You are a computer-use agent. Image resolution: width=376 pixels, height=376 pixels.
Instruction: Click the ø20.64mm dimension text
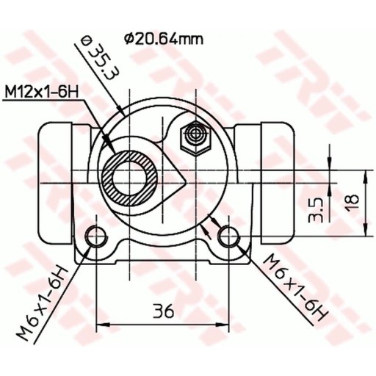click(164, 39)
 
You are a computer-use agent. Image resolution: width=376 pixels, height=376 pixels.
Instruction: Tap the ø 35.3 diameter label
click(97, 57)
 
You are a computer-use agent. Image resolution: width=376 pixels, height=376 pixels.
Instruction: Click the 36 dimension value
click(163, 311)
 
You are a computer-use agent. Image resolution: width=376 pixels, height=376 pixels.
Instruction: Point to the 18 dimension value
click(352, 202)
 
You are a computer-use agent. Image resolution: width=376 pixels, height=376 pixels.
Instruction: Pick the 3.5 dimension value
click(315, 210)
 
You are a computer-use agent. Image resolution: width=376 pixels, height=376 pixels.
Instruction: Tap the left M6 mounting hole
click(96, 236)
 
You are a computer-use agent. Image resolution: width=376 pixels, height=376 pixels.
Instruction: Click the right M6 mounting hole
click(228, 236)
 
